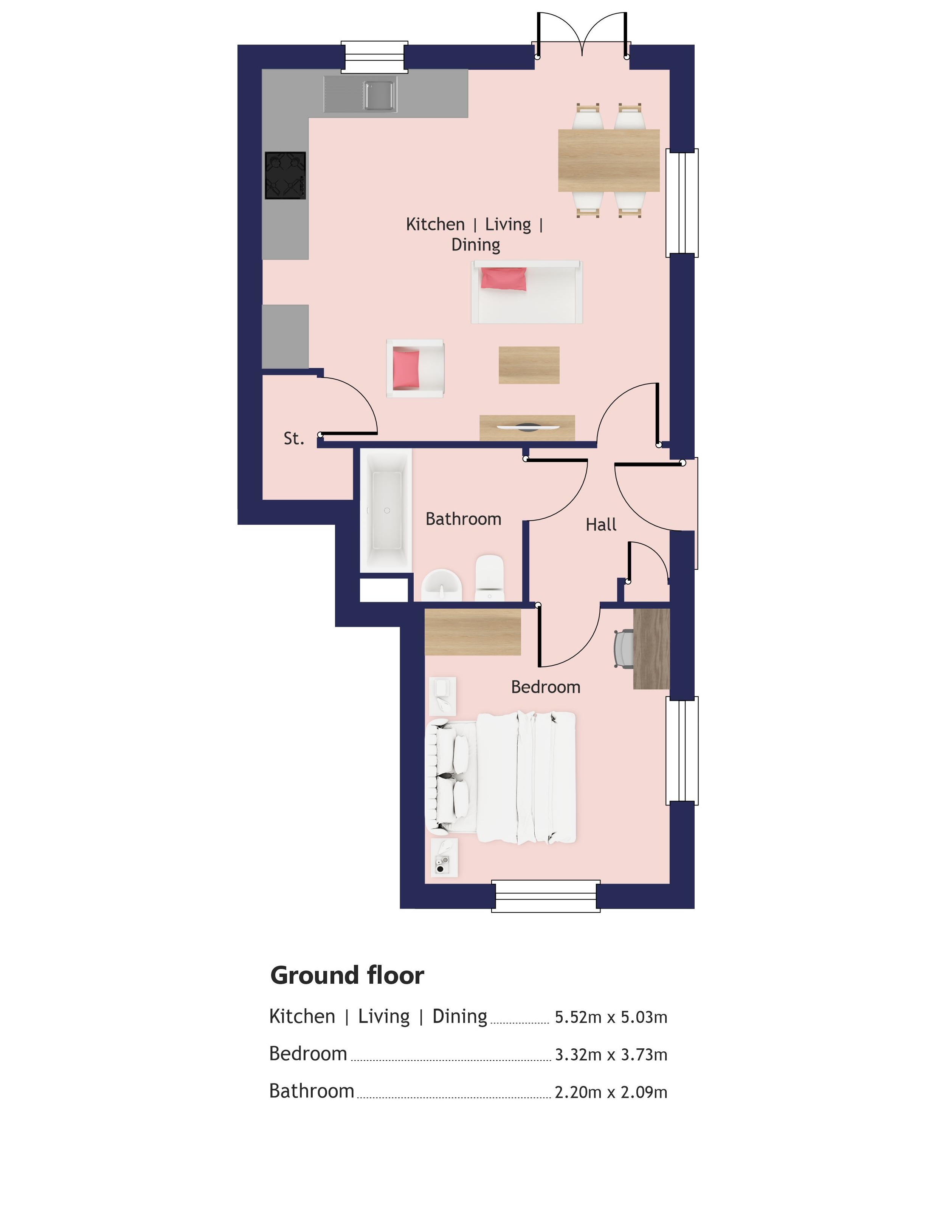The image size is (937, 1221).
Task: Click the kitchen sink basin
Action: coord(380,95)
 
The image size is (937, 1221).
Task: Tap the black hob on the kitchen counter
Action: coord(285,176)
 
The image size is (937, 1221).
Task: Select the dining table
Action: coord(609,161)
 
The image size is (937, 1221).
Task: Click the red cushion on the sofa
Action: coord(504,279)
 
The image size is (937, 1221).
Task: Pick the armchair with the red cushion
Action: coord(415,368)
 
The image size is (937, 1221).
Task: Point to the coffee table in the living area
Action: coord(529,365)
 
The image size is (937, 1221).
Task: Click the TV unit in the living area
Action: coord(527,428)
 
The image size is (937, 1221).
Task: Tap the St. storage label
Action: coord(294,439)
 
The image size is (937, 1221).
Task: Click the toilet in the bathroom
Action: coord(490,578)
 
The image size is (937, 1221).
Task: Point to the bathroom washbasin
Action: coord(442,585)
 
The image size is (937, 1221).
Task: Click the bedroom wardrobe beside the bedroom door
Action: coord(473,632)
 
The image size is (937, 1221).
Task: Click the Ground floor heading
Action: coord(347,975)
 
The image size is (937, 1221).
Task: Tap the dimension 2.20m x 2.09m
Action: coord(611,1092)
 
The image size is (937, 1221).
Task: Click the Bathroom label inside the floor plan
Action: coord(464,519)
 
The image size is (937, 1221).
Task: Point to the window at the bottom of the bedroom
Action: coord(546,896)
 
